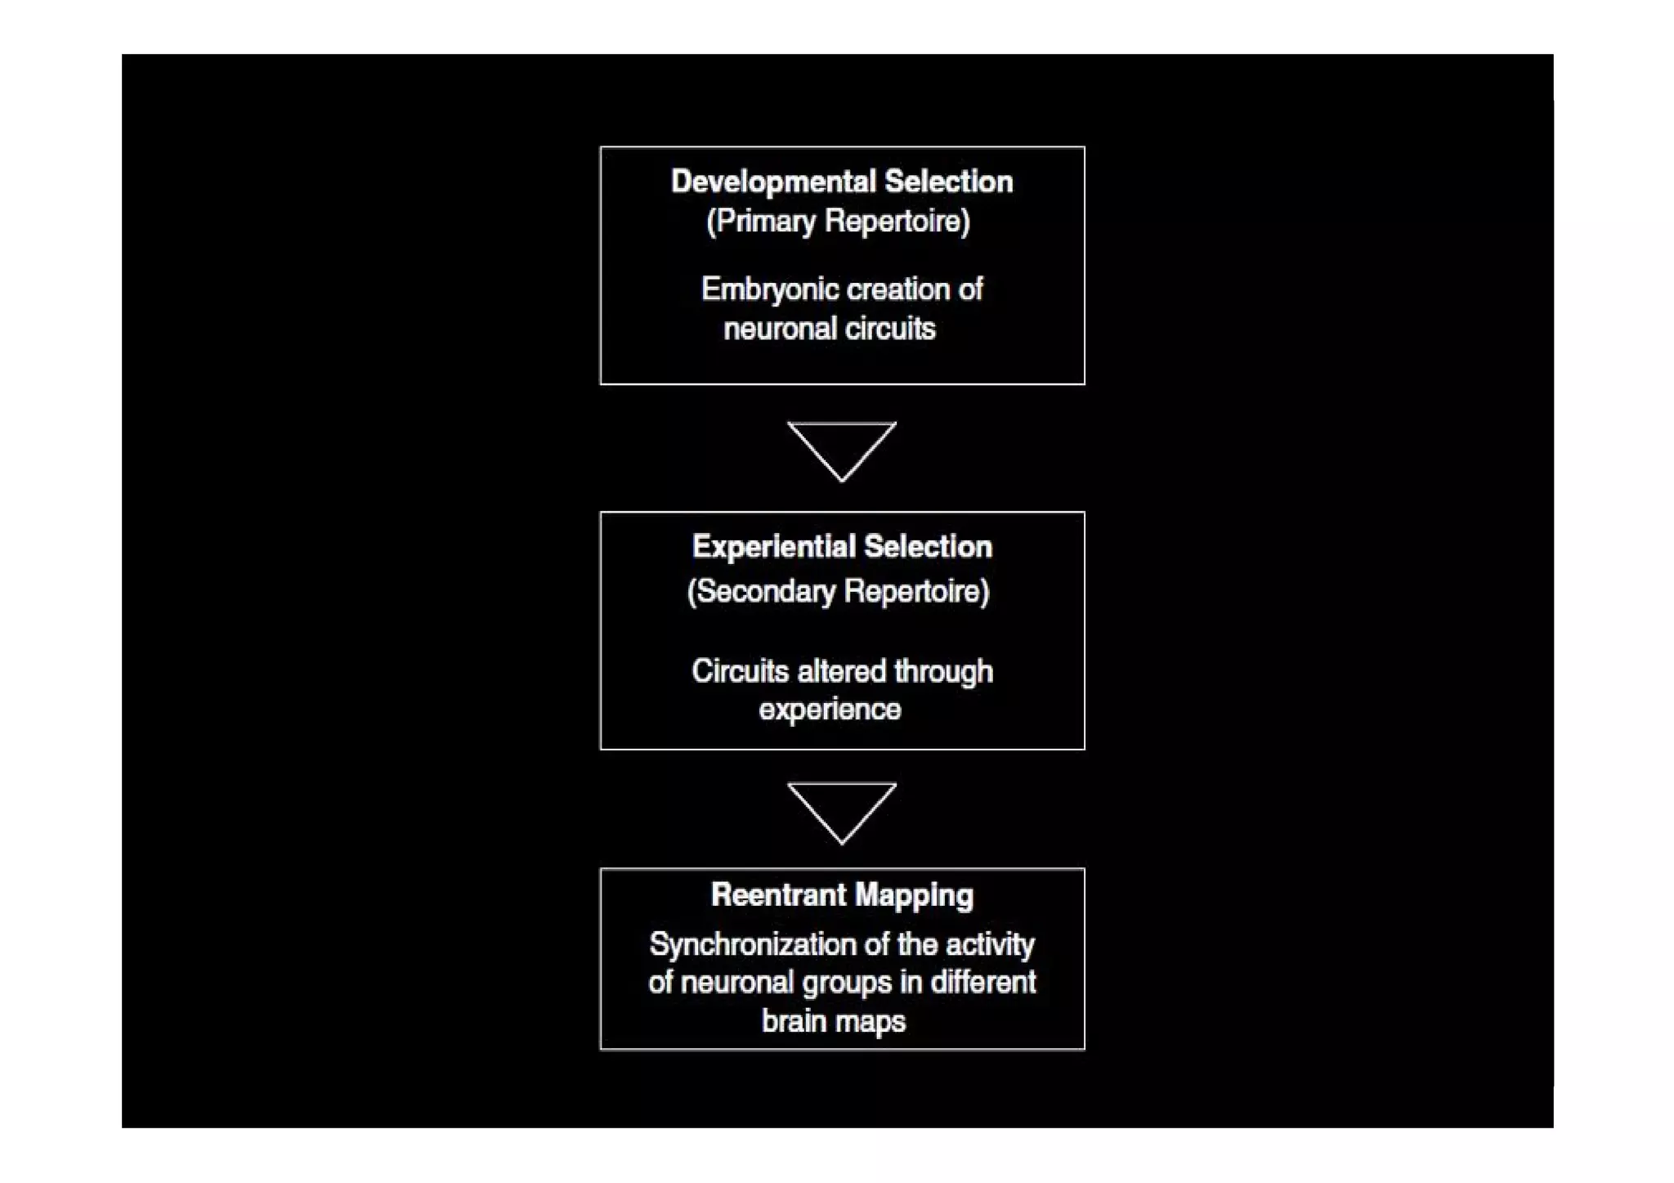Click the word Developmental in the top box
(x=772, y=181)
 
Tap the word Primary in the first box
(x=766, y=222)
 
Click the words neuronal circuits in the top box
(x=829, y=329)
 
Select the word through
(x=943, y=672)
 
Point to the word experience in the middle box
(x=829, y=709)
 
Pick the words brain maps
(x=833, y=1021)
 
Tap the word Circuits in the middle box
(x=740, y=671)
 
